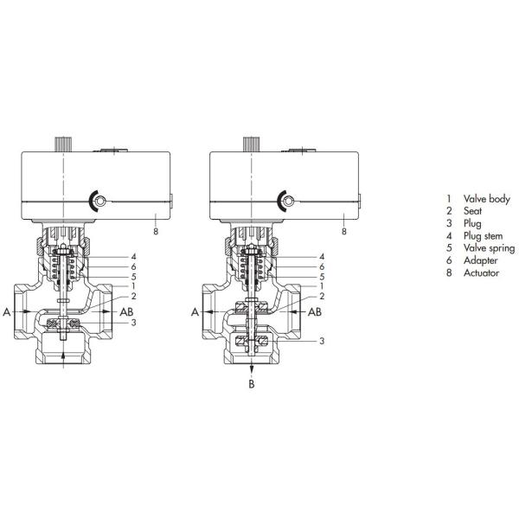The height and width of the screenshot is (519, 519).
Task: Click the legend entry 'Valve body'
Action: click(487, 199)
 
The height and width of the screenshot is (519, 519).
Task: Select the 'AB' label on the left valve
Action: click(127, 311)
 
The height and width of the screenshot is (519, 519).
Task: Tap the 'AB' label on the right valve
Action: click(317, 311)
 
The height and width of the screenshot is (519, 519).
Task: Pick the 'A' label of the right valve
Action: click(196, 311)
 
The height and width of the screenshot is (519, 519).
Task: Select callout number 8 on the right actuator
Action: click(344, 232)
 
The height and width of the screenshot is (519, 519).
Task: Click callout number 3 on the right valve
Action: click(321, 341)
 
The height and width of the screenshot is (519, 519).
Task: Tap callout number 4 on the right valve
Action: click(321, 257)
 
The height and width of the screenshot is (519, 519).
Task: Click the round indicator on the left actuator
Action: click(99, 202)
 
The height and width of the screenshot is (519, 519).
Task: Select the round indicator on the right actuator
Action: click(289, 202)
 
